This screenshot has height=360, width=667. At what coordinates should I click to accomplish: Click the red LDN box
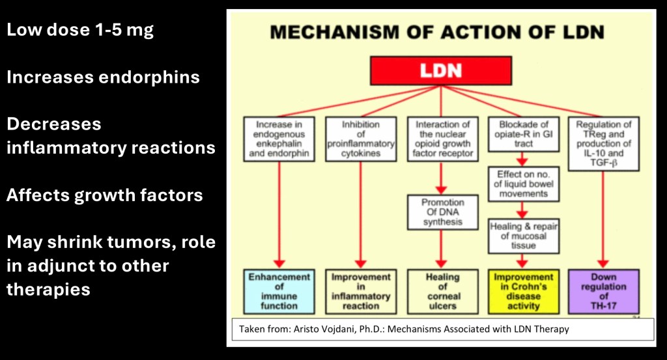click(x=441, y=70)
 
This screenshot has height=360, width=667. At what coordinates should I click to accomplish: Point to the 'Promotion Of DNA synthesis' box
click(x=442, y=212)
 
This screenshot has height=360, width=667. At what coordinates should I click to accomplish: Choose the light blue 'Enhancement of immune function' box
click(x=279, y=291)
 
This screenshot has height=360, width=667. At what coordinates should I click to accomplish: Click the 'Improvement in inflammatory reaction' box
click(x=360, y=291)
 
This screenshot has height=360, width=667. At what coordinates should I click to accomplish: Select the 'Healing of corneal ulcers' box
click(x=442, y=291)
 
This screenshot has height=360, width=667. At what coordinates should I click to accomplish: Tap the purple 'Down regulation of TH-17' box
click(x=603, y=291)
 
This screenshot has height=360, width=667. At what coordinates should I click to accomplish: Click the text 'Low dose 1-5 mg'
click(x=80, y=30)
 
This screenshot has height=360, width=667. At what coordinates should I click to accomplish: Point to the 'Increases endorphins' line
click(x=103, y=77)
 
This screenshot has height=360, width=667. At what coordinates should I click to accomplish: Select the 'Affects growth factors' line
click(x=104, y=195)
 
